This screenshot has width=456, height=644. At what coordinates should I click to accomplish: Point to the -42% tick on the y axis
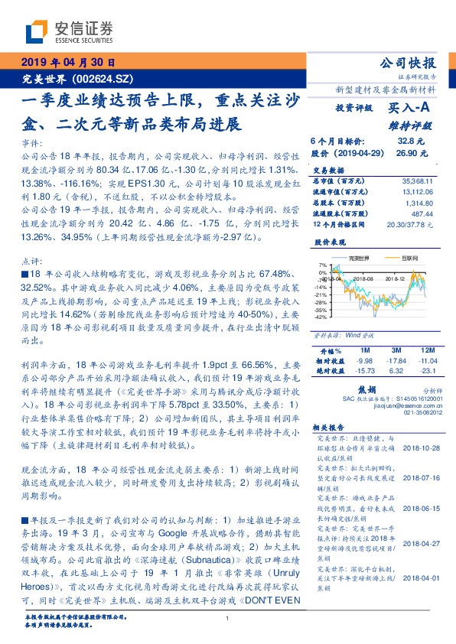321,317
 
